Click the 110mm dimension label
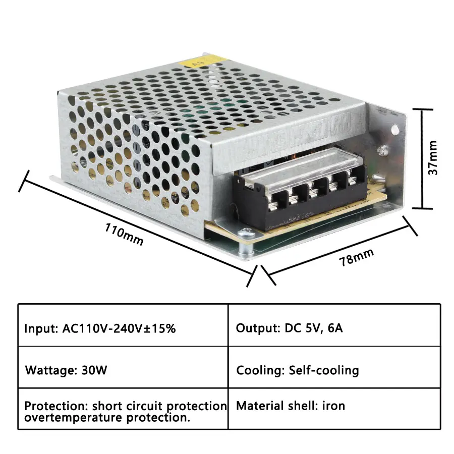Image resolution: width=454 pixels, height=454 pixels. tap(124, 234)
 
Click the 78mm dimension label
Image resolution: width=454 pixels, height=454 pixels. tap(356, 257)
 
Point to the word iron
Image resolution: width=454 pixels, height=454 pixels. tap(334, 405)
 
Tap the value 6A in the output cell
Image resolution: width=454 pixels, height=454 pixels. tap(333, 328)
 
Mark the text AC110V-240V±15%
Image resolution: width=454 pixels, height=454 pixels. tap(119, 328)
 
